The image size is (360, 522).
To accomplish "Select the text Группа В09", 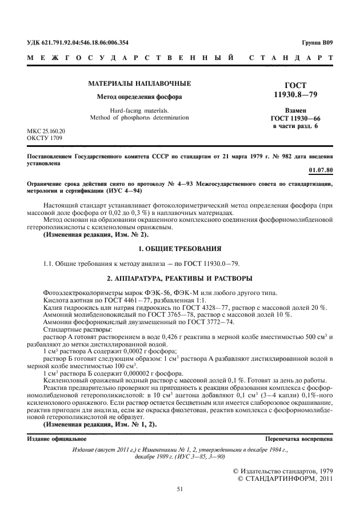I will (317, 42).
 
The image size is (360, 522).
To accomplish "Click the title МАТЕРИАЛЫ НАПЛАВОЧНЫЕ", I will (139, 84).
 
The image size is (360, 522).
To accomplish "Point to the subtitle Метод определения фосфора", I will (139, 97).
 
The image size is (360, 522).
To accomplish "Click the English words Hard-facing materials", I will (139, 110).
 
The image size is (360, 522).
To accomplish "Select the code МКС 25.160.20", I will (46, 131).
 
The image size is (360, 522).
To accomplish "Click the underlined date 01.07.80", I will (321, 170).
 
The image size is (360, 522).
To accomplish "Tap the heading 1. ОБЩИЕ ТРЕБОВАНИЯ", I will (179, 249).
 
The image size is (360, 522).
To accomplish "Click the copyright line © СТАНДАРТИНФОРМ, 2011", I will (284, 478).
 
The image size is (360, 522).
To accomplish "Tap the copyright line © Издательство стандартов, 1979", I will (283, 470).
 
